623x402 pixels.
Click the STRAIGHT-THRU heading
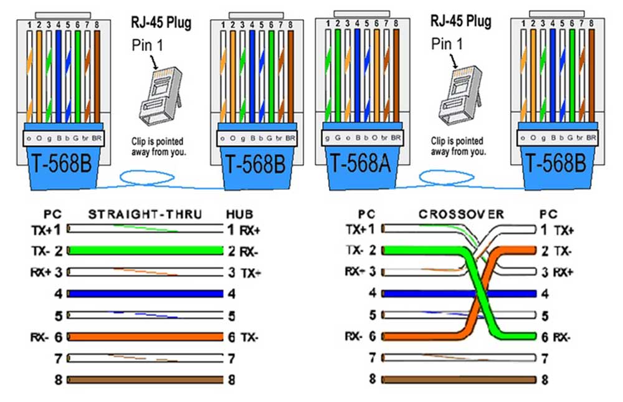[x=145, y=214]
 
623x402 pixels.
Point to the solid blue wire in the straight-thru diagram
[x=145, y=294]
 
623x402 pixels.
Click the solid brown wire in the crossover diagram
[x=459, y=378]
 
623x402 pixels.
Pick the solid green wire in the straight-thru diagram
[x=145, y=251]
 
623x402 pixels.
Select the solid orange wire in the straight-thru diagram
[x=145, y=337]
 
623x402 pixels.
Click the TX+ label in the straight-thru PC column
[x=41, y=230]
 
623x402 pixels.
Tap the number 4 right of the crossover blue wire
[x=545, y=294]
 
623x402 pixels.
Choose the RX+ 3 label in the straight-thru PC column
[x=46, y=272]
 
